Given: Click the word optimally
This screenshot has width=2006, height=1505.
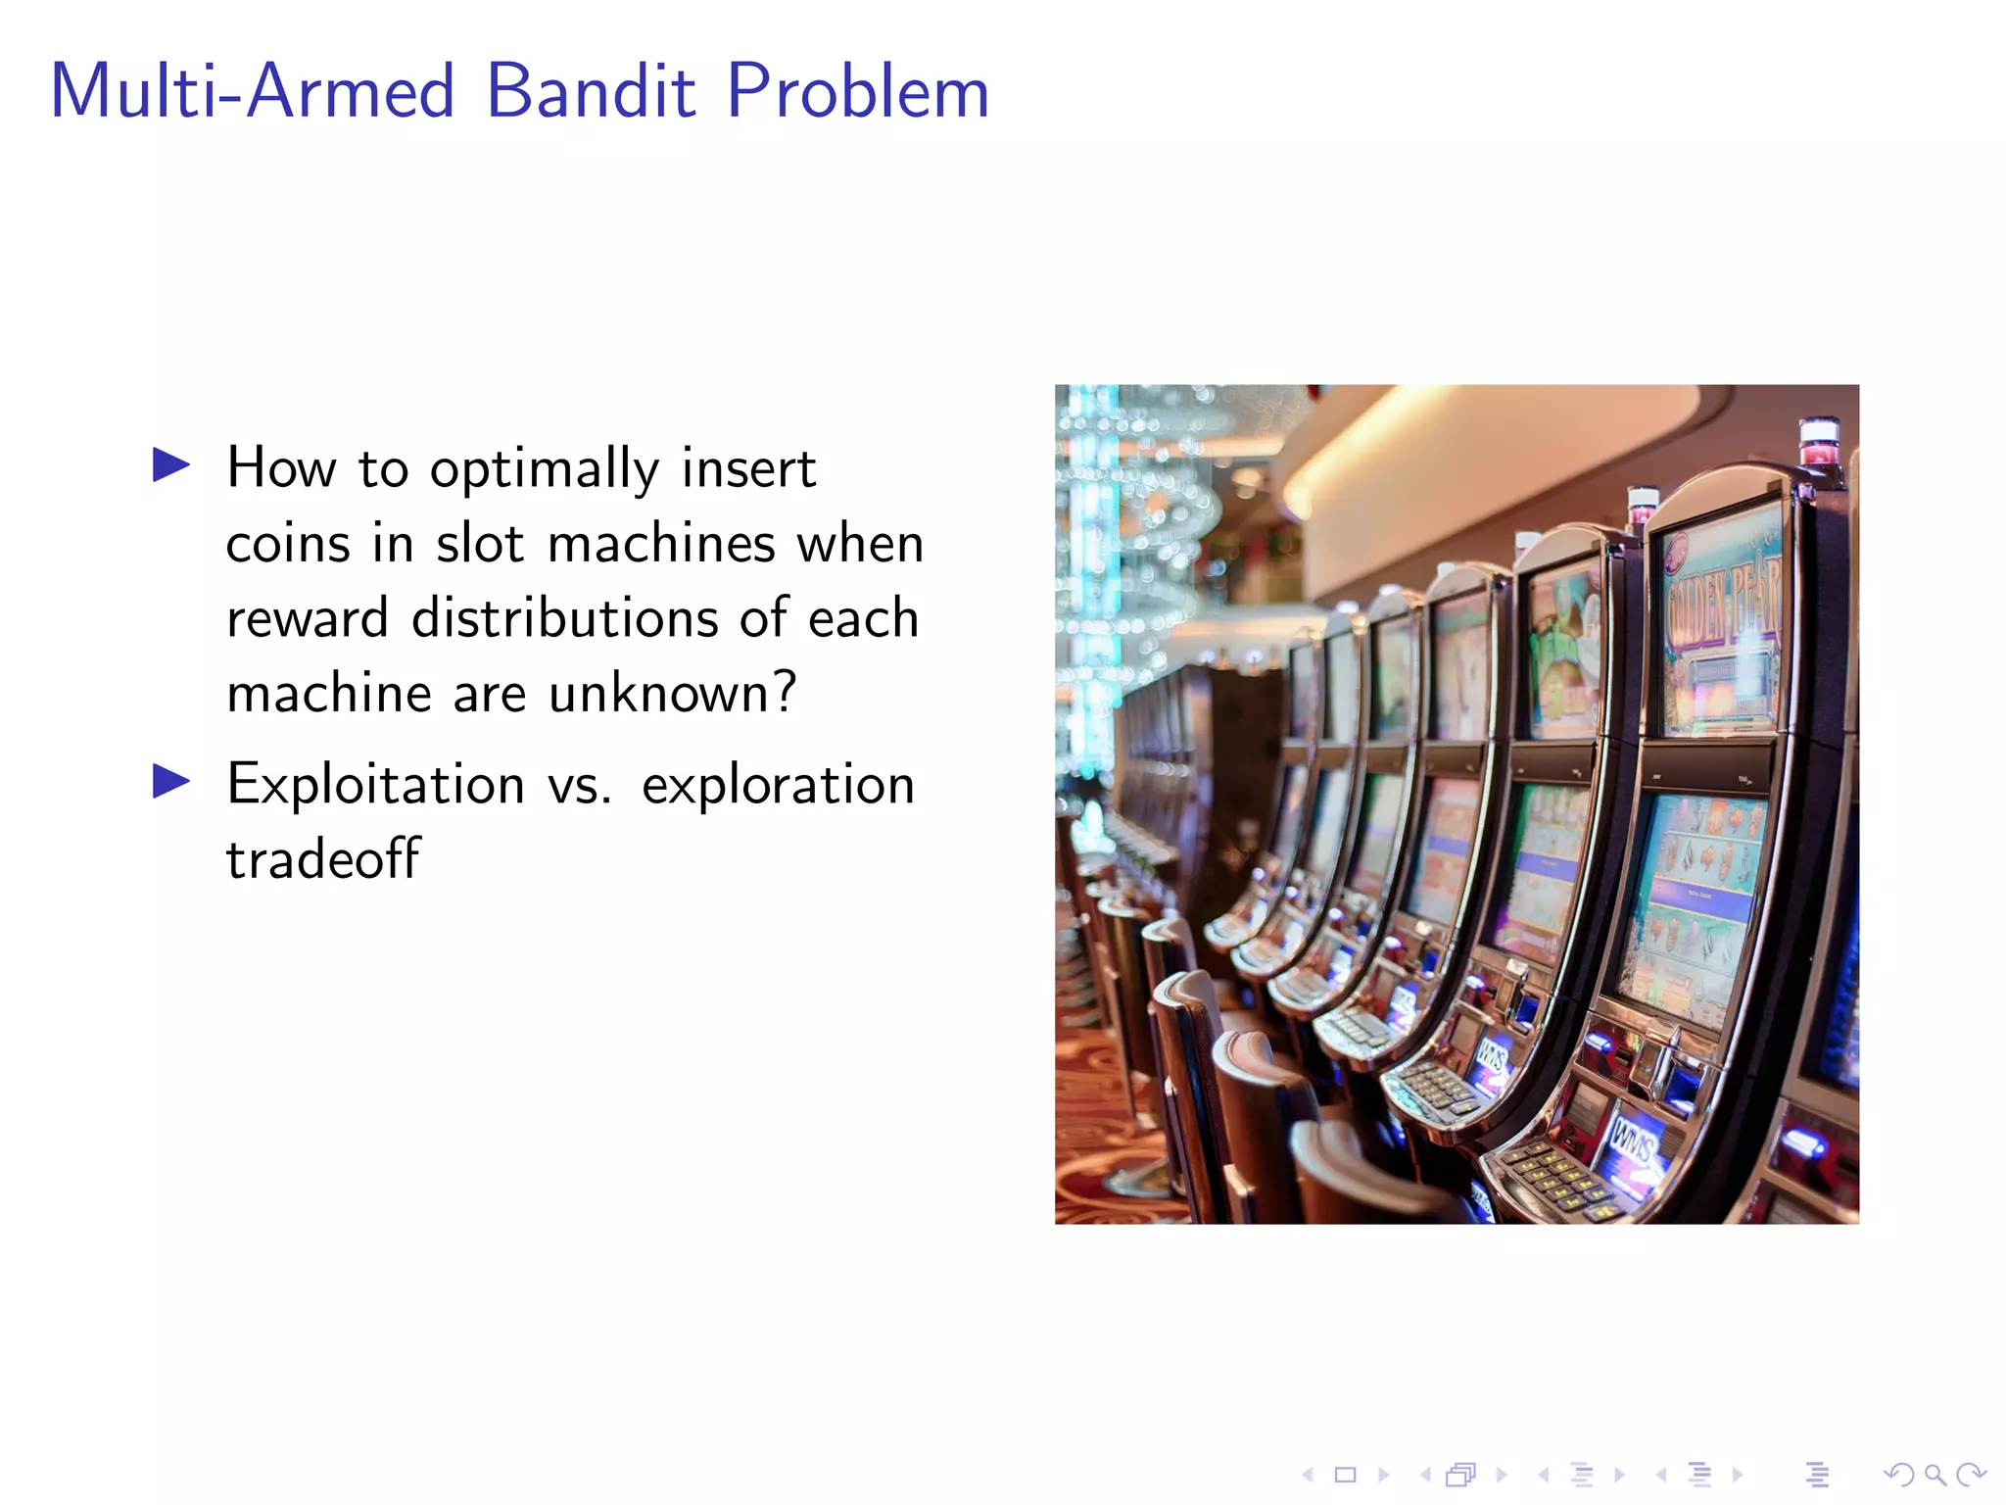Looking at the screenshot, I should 544,469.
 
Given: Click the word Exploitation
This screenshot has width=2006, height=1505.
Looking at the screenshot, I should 376,785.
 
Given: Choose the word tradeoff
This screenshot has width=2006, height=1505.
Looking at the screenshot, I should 323,859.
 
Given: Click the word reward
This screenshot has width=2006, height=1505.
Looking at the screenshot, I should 307,618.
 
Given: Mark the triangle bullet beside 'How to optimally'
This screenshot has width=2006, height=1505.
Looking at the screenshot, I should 171,465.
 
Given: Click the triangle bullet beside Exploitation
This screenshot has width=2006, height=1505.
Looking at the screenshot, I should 171,782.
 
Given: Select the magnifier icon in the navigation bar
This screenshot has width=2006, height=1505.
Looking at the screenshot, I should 1934,1475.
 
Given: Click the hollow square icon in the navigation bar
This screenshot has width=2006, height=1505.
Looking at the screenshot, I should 1345,1475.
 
